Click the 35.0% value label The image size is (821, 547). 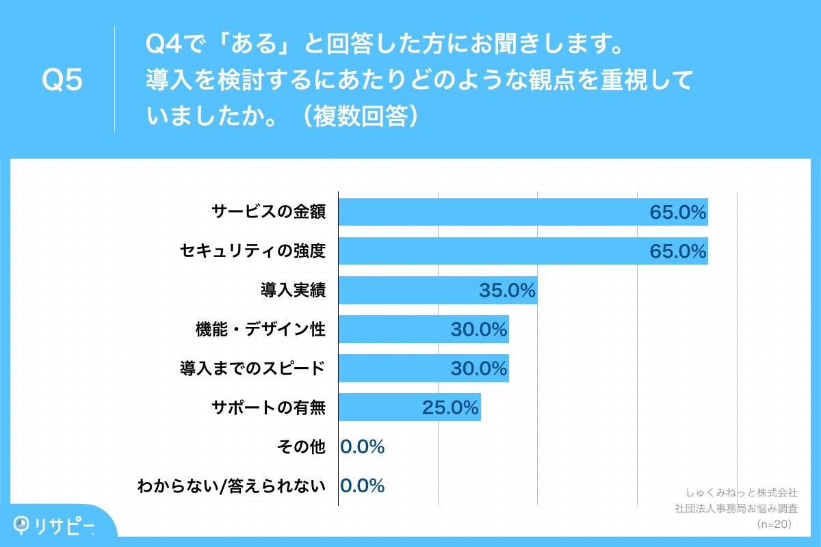pos(507,291)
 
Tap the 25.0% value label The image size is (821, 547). pos(450,408)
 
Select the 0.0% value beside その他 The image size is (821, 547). pos(363,446)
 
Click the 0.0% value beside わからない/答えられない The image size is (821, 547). pos(363,485)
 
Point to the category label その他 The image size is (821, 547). pos(301,446)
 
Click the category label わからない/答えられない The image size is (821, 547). pos(231,485)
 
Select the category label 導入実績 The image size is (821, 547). pos(292,291)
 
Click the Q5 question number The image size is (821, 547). pos(62,81)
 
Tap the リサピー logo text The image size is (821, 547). pos(65,525)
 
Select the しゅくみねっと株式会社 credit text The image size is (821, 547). pos(741,492)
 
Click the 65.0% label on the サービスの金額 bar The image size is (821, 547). pos(677,213)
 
